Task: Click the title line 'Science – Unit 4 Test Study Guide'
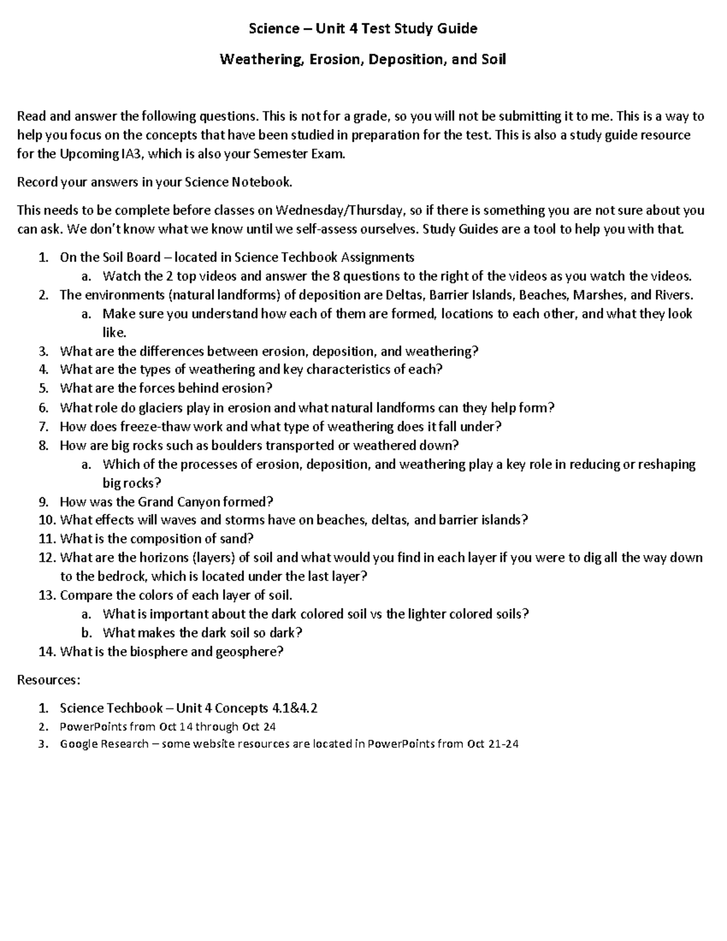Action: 363,28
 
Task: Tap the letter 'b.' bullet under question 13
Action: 86,633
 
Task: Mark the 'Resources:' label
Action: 48,680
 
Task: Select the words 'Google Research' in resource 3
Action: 104,744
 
